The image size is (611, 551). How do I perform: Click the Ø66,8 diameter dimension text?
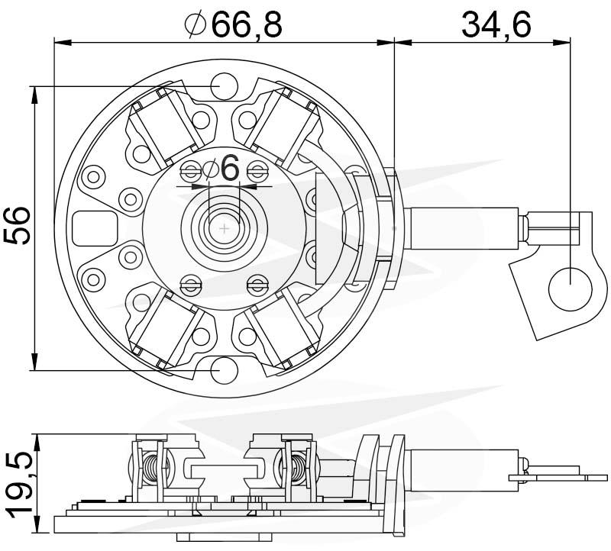pos(234,24)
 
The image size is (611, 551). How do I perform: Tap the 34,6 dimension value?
pos(496,24)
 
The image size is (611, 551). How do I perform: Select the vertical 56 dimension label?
pos(17,225)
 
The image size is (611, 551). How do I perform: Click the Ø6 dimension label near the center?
pos(221,169)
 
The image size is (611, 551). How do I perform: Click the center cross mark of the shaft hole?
pos(225,228)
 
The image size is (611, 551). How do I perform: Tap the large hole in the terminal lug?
pos(570,288)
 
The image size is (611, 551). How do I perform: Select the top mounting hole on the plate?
pos(224,86)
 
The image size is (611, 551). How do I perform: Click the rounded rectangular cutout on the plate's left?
pos(95,228)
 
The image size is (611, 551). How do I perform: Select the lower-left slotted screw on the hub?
pos(191,286)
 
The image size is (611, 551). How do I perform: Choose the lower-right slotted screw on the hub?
pos(257,286)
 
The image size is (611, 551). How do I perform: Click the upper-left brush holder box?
pos(166,127)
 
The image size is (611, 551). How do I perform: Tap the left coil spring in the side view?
pos(150,470)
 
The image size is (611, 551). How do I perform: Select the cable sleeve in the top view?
pos(461,228)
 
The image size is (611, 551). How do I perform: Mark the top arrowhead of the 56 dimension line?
pos(35,95)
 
